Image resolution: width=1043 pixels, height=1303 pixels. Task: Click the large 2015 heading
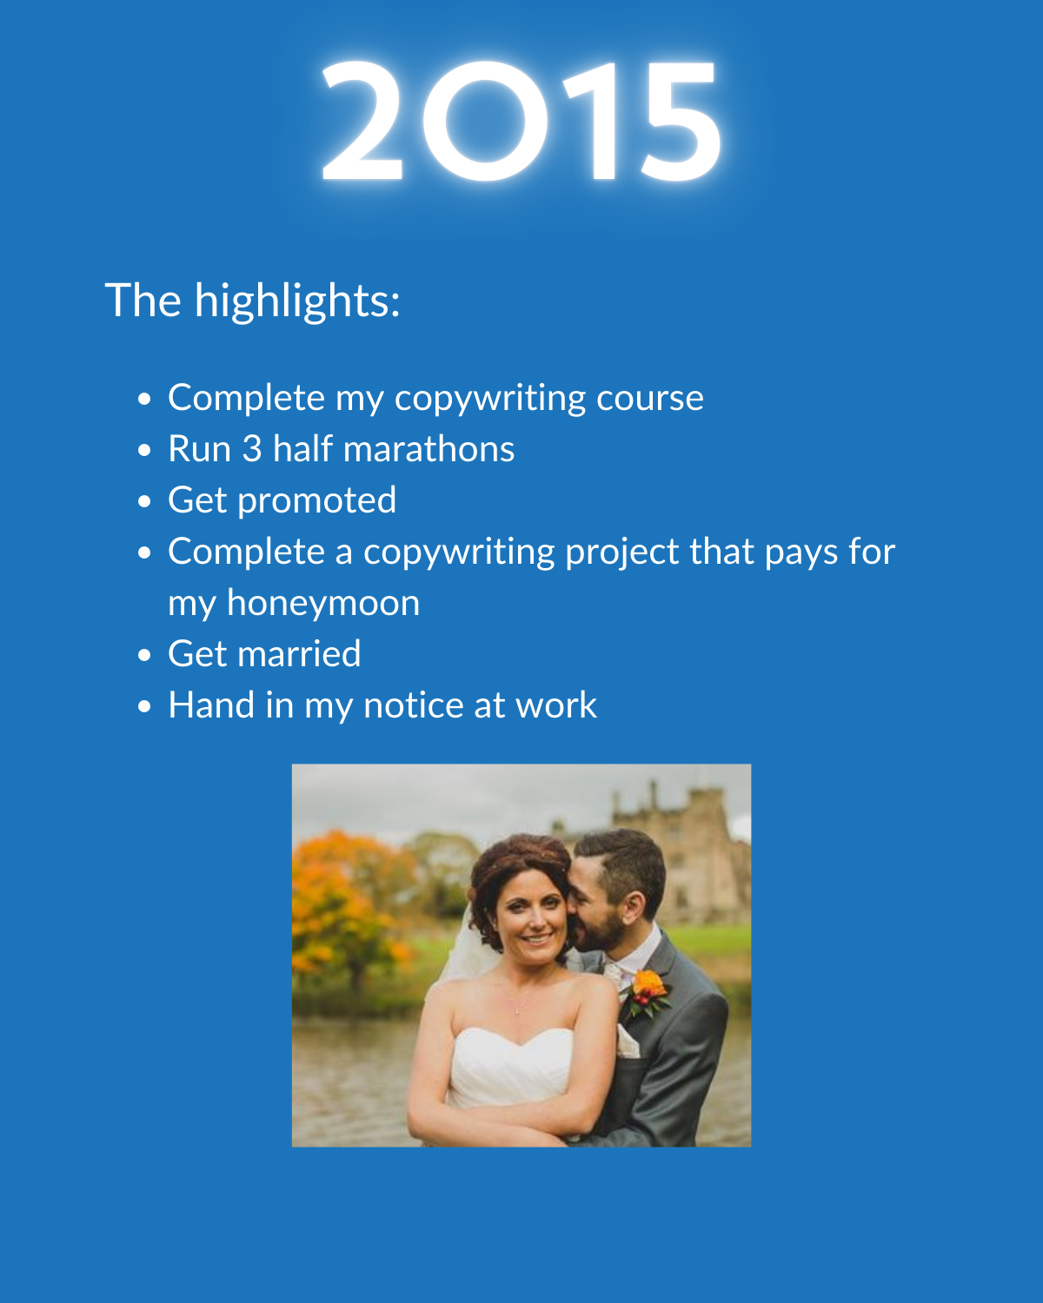[521, 121]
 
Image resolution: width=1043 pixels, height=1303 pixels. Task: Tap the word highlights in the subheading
[297, 301]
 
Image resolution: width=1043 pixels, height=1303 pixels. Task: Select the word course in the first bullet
[649, 399]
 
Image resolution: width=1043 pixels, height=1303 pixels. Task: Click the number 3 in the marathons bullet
[251, 449]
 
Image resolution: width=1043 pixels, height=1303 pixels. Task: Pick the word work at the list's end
[555, 705]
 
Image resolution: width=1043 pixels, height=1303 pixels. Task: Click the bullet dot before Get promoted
[144, 502]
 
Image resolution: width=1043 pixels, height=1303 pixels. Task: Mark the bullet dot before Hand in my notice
[144, 706]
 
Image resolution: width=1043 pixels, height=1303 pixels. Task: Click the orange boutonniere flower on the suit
[650, 986]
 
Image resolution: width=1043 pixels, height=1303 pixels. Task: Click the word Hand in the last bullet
[211, 705]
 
